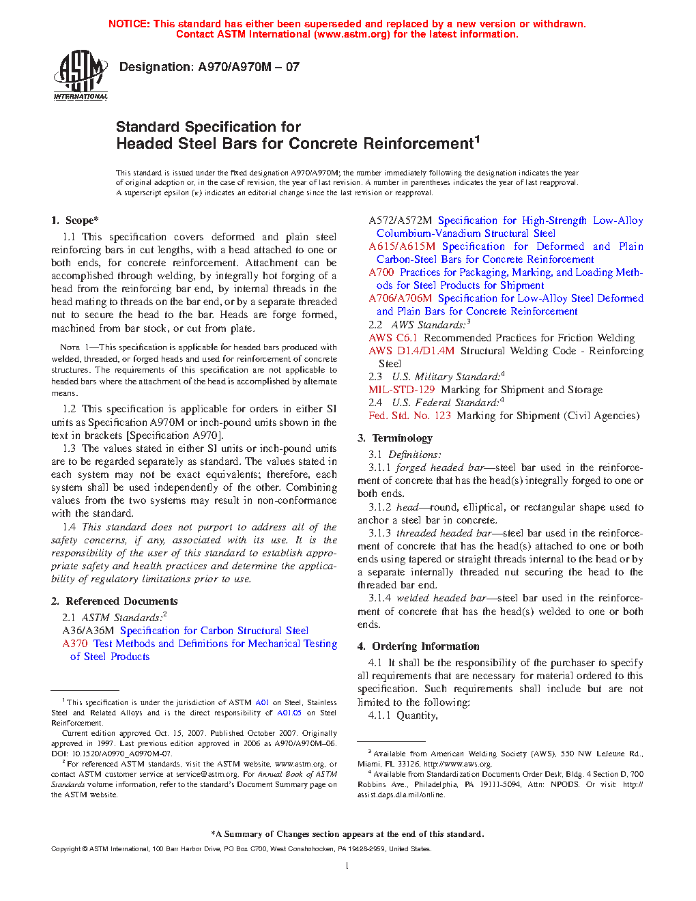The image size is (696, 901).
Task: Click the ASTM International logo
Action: [81, 75]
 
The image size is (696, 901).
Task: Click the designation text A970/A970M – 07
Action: [209, 67]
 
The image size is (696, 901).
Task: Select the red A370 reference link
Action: [75, 644]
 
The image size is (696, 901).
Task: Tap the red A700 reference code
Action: [381, 272]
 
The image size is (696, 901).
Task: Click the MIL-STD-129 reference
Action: [402, 390]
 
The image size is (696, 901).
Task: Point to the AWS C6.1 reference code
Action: [393, 338]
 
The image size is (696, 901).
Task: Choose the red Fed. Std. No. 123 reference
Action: [409, 416]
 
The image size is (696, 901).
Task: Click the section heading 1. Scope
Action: [75, 220]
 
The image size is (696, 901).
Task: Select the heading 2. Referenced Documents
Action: [115, 601]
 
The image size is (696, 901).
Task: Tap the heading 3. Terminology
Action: [395, 438]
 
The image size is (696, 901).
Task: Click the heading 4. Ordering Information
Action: [418, 646]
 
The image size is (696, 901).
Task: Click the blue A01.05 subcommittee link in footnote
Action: [289, 713]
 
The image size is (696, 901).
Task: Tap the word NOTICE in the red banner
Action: [129, 24]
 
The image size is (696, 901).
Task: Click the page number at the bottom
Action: [347, 866]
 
